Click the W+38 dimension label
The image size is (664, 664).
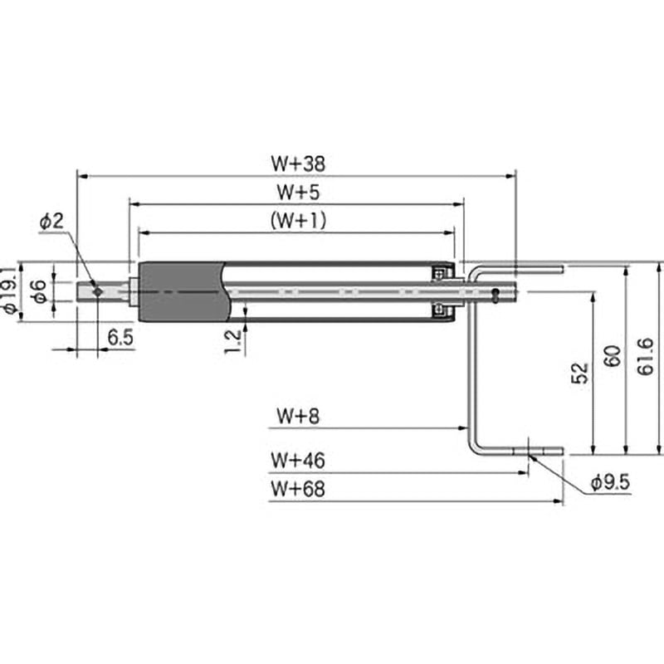(298, 164)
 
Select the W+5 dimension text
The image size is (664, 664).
(298, 192)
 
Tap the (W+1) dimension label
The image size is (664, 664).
(299, 220)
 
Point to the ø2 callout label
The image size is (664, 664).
(51, 222)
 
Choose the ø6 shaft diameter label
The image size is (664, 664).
(39, 291)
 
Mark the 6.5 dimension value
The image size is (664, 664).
(120, 338)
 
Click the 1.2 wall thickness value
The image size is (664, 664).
(232, 341)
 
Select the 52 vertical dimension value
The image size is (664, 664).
(580, 373)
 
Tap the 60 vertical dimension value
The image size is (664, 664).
(613, 356)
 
